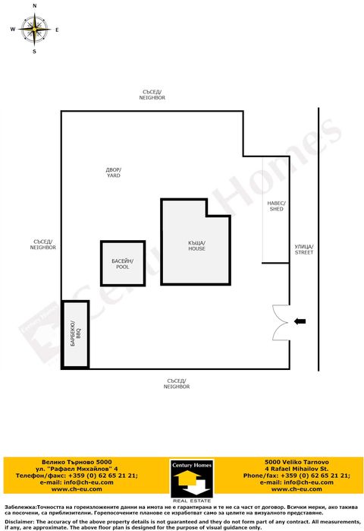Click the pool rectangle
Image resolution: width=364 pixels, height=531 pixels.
click(122, 264)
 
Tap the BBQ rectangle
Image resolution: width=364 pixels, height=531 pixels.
click(75, 335)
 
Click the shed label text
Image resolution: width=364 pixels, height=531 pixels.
click(276, 206)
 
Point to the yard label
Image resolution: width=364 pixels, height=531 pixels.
click(113, 172)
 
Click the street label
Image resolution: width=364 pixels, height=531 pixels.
click(304, 249)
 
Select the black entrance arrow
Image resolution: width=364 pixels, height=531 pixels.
click(300, 322)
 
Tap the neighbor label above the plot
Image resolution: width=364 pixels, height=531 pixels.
click(152, 95)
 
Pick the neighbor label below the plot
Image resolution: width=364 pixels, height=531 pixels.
click(177, 384)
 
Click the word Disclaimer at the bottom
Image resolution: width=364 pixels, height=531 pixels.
click(18, 522)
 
